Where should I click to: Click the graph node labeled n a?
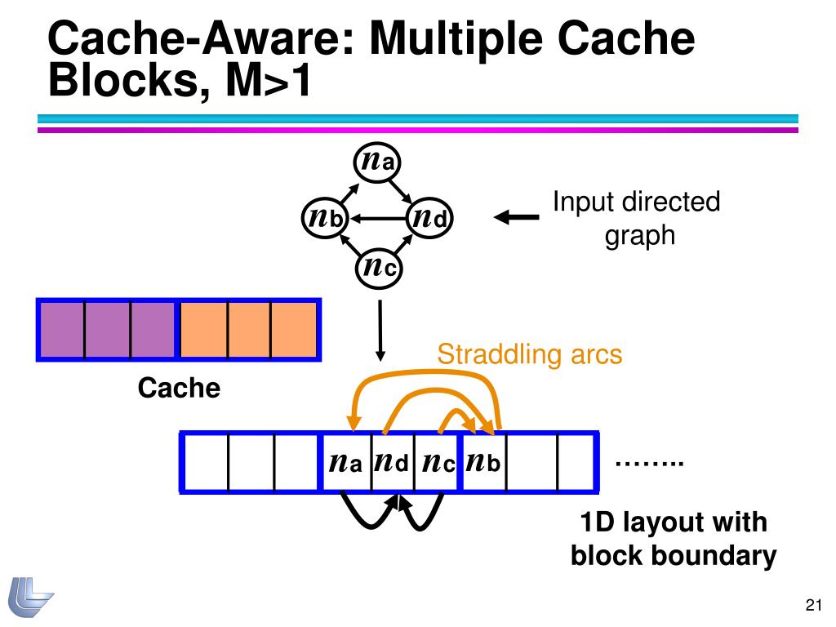point(378,160)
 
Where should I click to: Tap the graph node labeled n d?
point(429,218)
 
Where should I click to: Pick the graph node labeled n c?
point(378,268)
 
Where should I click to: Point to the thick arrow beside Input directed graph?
point(517,218)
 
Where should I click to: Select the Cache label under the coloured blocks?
point(179,388)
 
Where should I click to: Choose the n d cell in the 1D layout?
point(392,463)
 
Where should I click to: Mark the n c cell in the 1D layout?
point(438,463)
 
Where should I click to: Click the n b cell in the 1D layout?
point(483,463)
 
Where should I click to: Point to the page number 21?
point(812,605)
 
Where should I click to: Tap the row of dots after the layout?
point(648,464)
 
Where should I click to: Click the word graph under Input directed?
point(639,235)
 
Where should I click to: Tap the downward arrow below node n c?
point(380,330)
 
